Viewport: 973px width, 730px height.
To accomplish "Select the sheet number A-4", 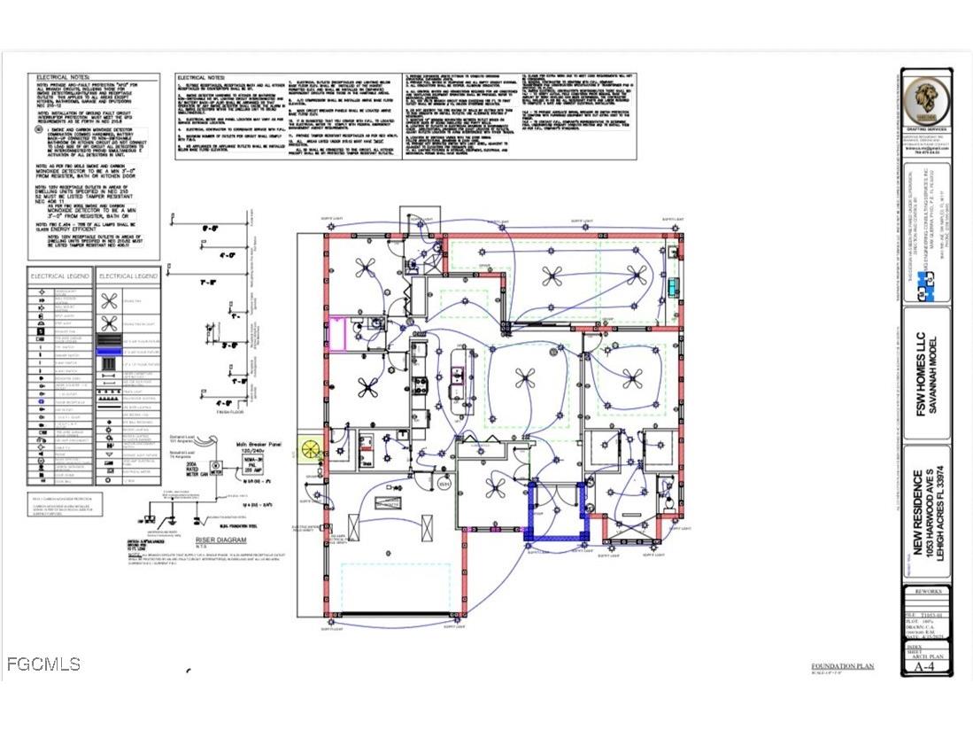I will point(925,667).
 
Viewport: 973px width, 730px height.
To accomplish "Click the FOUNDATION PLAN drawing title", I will point(841,665).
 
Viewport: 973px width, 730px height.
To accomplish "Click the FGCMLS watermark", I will point(42,664).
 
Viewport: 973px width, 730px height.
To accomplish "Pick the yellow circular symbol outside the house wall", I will point(312,450).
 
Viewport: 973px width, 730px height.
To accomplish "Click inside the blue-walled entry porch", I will point(558,518).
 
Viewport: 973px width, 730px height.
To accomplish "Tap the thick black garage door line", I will point(399,614).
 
